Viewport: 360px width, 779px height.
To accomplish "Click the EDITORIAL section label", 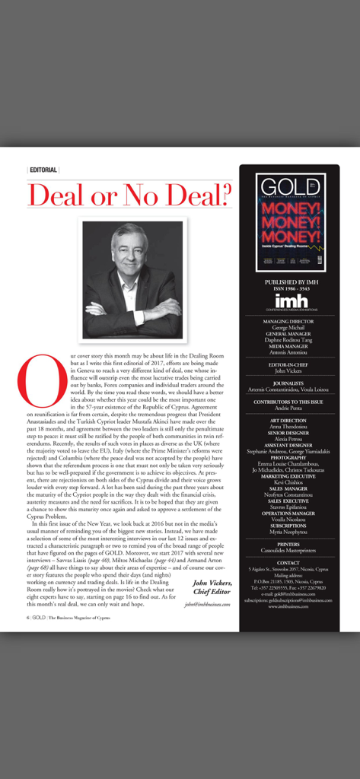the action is pos(43,170).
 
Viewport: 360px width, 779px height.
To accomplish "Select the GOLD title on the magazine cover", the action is pos(289,189).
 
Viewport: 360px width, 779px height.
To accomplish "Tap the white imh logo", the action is pos(289,300).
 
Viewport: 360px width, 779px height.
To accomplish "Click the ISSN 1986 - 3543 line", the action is pos(289,289).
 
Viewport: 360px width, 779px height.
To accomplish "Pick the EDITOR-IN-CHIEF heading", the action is pos(289,366).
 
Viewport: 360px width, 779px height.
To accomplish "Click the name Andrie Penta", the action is pos(289,409).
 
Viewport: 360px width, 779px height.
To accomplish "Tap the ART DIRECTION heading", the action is pos(289,420).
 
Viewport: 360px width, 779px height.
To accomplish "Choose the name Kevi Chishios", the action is pos(289,482).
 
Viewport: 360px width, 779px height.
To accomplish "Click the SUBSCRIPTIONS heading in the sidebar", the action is pos(289,525).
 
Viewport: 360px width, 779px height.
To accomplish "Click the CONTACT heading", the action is pos(289,563).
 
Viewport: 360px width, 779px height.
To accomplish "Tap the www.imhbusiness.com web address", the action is pos(289,606).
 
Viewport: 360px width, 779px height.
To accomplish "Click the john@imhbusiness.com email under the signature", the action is pos(207,604).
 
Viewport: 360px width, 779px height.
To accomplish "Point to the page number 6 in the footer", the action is pos(28,618).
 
